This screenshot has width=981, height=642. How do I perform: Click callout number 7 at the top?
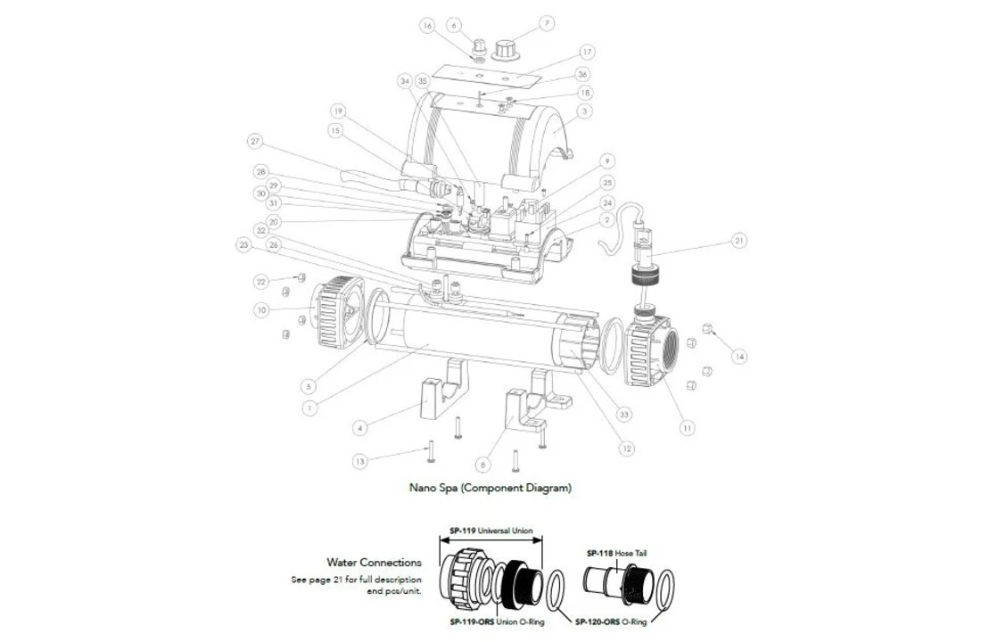(x=548, y=23)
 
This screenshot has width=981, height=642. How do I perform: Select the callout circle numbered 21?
(x=738, y=240)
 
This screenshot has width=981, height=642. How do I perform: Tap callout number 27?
(x=255, y=141)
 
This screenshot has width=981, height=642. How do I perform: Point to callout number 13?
(x=359, y=461)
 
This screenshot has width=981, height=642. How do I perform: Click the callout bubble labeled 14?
(x=738, y=357)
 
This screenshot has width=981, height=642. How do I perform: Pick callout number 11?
(x=687, y=428)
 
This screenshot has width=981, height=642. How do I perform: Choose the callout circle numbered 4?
(x=359, y=428)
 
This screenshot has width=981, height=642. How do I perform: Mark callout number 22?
(x=261, y=282)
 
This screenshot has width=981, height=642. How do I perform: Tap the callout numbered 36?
(x=583, y=75)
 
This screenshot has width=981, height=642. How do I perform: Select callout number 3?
(x=585, y=111)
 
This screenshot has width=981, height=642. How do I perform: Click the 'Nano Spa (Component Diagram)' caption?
(x=490, y=488)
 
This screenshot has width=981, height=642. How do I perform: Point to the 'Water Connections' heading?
(x=374, y=563)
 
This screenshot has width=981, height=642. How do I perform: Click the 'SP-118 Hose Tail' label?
(x=616, y=553)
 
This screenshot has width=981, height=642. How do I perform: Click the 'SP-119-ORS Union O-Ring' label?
(x=497, y=621)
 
